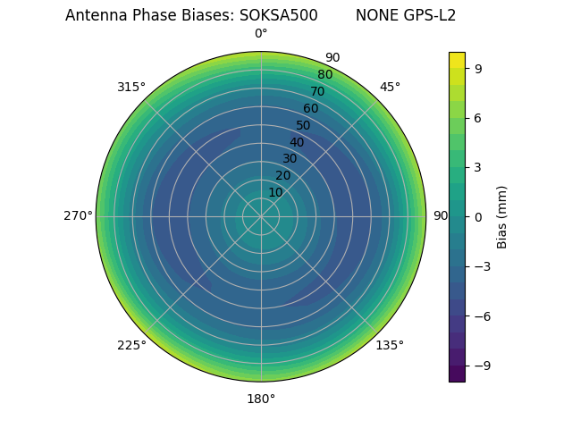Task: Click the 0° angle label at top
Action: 261,34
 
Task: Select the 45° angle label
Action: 390,87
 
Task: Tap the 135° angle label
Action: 390,345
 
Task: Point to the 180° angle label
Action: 261,399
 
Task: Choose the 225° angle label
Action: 131,345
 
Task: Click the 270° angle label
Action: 78,216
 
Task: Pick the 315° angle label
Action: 131,87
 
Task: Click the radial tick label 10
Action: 275,192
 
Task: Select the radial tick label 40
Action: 297,142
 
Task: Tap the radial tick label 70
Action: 317,91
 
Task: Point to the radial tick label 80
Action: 324,75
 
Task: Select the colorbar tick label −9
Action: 482,366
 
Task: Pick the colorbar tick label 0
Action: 478,216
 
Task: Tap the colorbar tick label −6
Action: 482,316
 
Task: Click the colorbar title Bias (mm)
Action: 502,216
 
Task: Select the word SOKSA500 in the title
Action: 278,15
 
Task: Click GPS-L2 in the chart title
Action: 431,15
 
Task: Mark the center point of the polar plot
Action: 261,216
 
